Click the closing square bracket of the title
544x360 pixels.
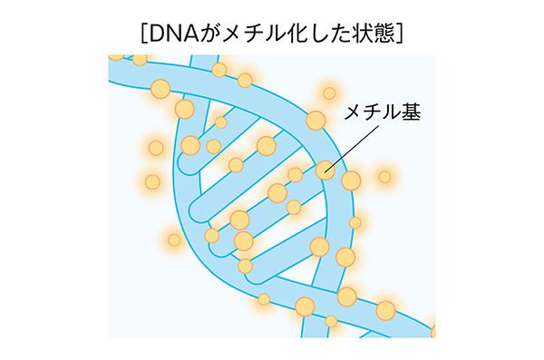[399, 32]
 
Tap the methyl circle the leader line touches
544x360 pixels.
[325, 169]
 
